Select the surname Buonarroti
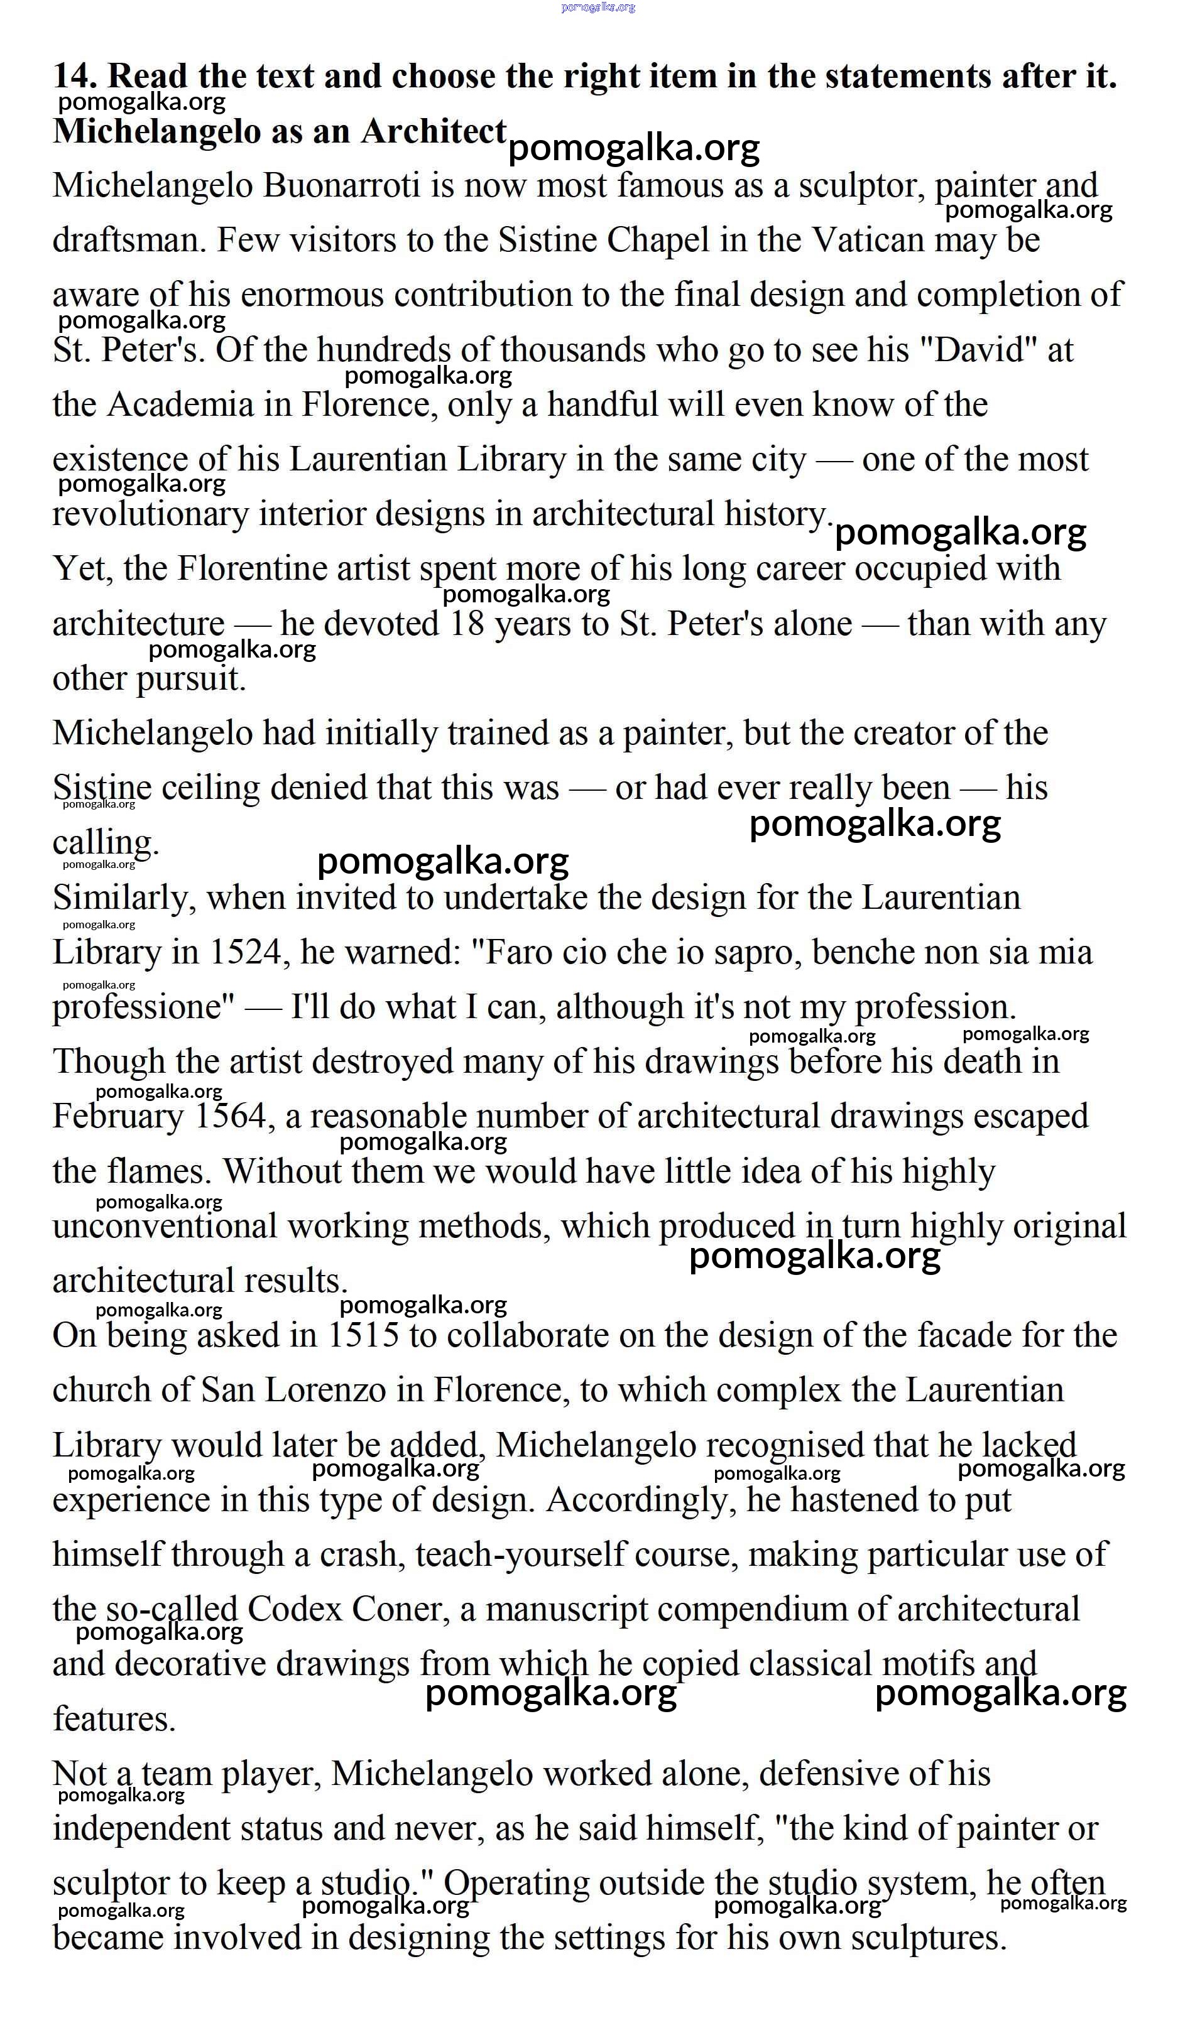(x=341, y=186)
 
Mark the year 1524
(x=244, y=953)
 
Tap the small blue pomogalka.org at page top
(x=597, y=8)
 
